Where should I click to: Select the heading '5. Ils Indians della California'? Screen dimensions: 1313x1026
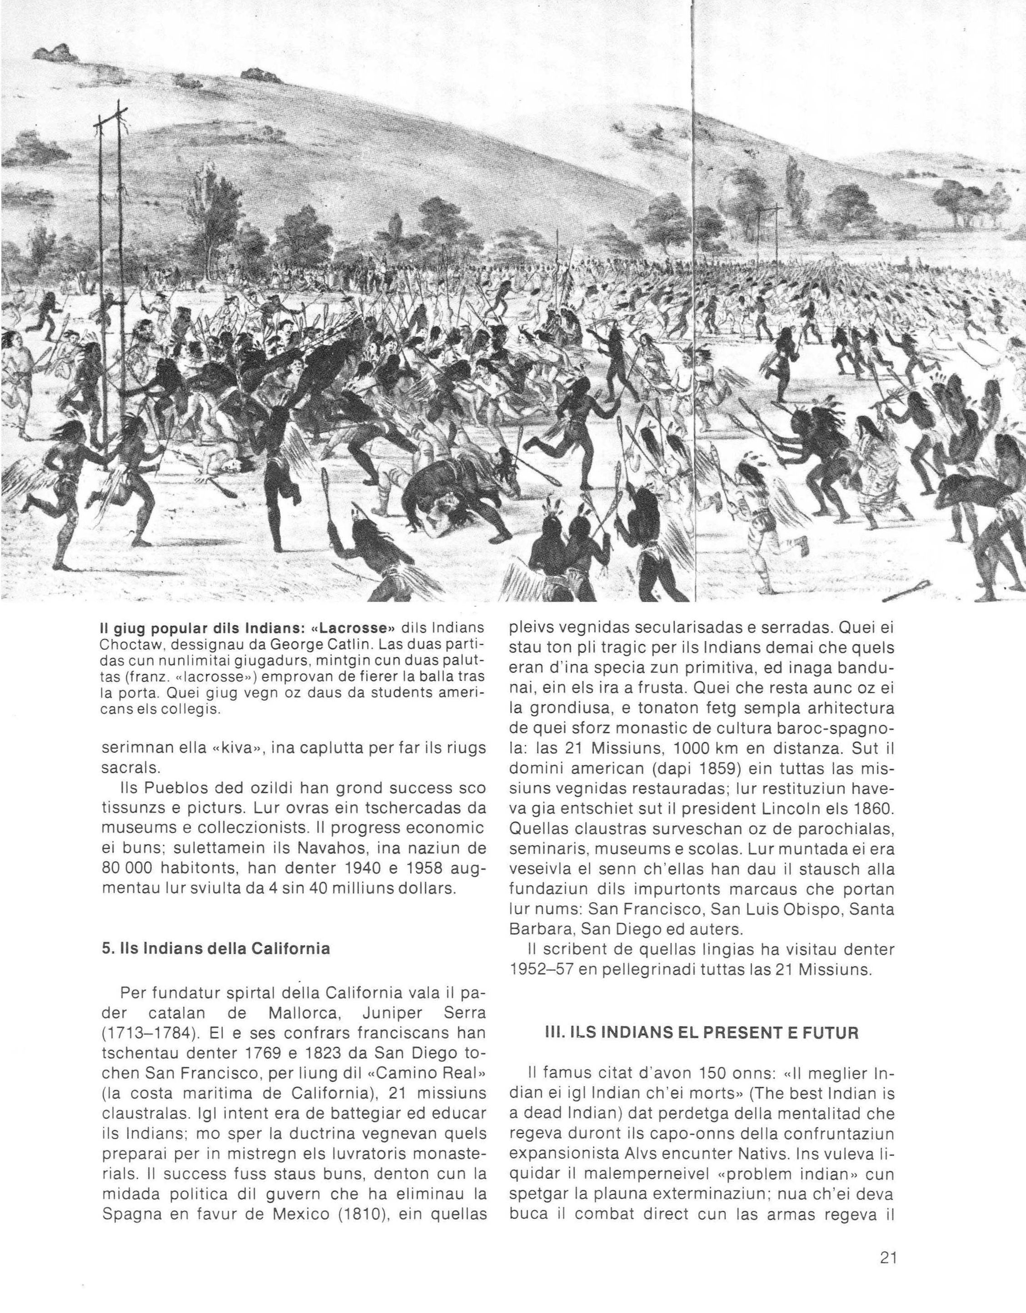217,949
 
